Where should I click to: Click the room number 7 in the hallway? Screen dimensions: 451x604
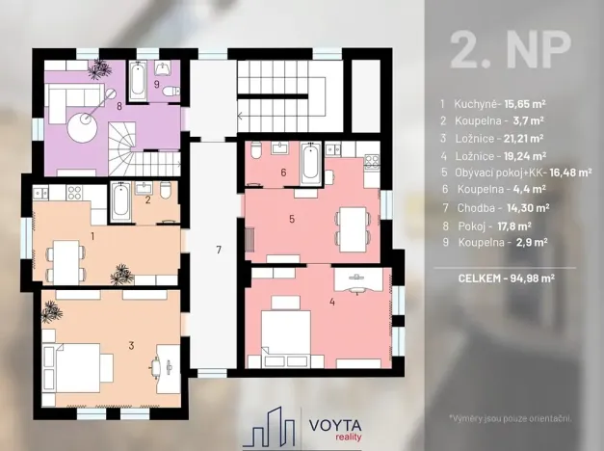[x=219, y=251]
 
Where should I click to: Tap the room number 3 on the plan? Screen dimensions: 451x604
[x=131, y=344]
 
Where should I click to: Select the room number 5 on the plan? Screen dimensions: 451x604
[x=291, y=219]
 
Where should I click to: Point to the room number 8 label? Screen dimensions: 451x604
[x=119, y=106]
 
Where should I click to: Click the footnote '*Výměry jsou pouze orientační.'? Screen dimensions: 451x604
[x=511, y=417]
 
